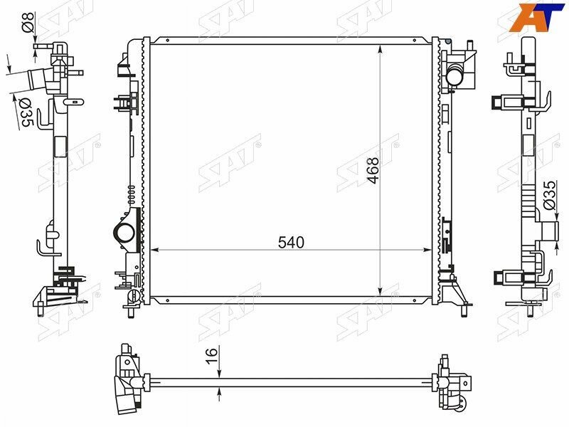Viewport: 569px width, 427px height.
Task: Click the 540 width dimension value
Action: [291, 243]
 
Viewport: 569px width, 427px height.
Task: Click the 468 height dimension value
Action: [372, 170]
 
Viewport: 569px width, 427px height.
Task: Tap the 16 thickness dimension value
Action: [211, 354]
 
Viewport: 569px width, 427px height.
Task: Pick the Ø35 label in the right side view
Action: [549, 195]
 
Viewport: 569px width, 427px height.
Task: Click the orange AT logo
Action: [537, 17]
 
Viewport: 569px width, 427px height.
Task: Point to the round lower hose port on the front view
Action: [124, 233]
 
